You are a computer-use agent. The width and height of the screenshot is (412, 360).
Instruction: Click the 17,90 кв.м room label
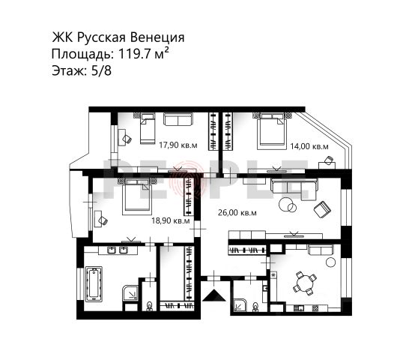(x=178, y=145)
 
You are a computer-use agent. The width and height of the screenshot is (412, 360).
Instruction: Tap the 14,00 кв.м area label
(x=309, y=146)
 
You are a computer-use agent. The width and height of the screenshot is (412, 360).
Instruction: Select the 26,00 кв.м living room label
(x=237, y=213)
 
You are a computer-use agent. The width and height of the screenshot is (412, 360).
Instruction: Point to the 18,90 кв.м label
(x=171, y=220)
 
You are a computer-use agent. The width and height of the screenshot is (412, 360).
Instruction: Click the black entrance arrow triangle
(x=214, y=295)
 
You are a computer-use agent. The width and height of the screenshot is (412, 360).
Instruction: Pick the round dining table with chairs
(x=305, y=283)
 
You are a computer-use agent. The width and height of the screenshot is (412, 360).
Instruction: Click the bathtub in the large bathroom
(x=94, y=283)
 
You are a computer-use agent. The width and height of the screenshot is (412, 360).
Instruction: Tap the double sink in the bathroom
(x=118, y=250)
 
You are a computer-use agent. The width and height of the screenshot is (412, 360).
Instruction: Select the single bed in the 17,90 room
(x=147, y=128)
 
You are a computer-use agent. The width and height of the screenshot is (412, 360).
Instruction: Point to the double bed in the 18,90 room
(x=137, y=196)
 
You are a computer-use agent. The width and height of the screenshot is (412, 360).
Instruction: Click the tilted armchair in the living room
(x=322, y=209)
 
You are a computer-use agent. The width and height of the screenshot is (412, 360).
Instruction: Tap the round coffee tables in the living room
(x=288, y=205)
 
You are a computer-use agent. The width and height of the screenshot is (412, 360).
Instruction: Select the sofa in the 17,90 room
(x=178, y=119)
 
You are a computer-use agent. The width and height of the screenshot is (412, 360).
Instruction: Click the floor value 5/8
(x=101, y=70)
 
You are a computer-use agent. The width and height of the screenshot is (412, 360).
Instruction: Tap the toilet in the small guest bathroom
(x=255, y=307)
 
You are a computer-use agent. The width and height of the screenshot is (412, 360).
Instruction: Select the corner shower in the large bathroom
(x=130, y=292)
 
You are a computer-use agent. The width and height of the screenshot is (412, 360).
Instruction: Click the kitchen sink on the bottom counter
(x=299, y=308)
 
